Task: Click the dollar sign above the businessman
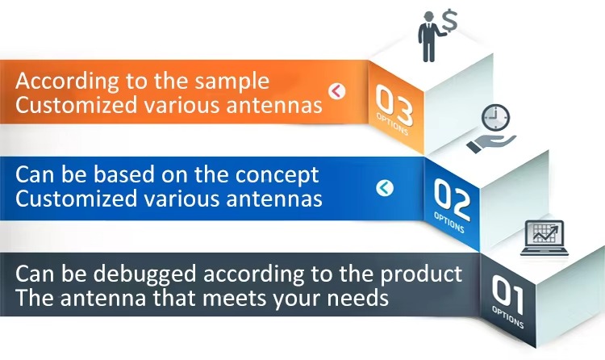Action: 450,21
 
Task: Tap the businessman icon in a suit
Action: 429,37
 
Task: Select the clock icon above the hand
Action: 495,117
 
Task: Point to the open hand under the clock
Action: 490,144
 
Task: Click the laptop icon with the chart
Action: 544,238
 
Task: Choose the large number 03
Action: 394,104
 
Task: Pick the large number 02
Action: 452,199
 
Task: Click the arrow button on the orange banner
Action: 337,91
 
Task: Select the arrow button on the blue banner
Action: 385,188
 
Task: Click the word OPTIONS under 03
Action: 392,124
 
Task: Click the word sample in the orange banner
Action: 232,82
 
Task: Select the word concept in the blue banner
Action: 277,176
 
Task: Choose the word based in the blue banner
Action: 124,174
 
